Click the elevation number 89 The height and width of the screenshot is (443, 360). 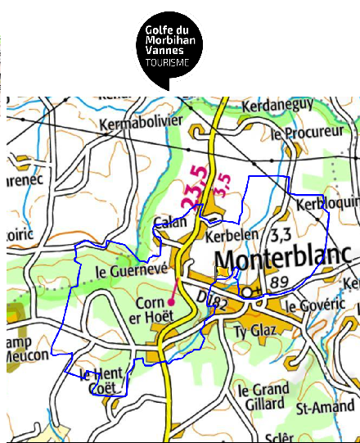click(280, 283)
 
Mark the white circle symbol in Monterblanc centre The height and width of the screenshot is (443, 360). click(247, 292)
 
